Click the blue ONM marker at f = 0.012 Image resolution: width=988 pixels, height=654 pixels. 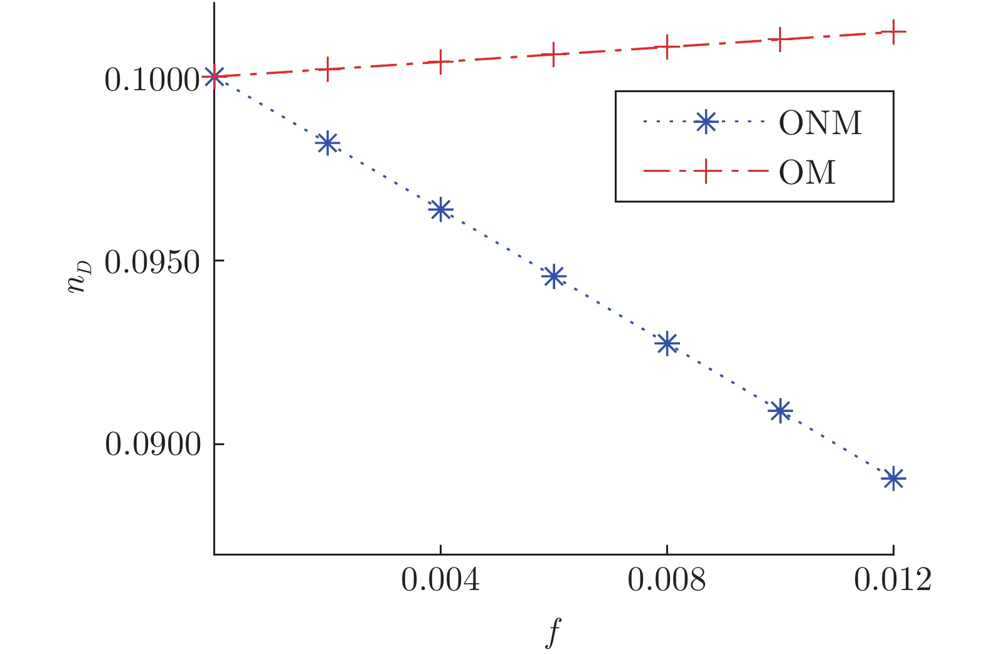click(x=893, y=479)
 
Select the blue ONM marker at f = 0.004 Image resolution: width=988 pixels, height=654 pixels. click(x=440, y=209)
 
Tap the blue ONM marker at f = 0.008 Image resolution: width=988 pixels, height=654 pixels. click(x=667, y=343)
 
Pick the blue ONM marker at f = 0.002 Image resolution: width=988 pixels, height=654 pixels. click(x=327, y=144)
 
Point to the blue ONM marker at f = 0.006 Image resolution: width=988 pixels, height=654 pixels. click(x=553, y=276)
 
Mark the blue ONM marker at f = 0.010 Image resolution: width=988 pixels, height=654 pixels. click(x=780, y=411)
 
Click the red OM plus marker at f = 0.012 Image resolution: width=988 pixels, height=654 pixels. click(x=893, y=31)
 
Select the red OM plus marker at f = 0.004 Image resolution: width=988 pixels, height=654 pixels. click(x=440, y=61)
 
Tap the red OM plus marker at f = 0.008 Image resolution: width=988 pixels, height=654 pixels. click(x=667, y=46)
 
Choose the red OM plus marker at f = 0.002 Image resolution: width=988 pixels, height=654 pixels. click(x=327, y=69)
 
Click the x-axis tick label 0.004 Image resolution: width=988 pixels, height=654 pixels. click(x=440, y=581)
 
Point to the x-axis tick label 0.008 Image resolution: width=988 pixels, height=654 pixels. click(x=667, y=581)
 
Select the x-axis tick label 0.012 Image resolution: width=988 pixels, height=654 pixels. click(x=893, y=581)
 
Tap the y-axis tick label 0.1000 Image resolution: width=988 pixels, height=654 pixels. click(x=152, y=80)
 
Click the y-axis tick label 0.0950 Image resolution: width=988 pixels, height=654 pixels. click(x=152, y=262)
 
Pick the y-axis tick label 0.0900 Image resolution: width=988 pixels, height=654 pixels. click(x=152, y=445)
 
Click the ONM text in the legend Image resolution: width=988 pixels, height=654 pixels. click(x=821, y=123)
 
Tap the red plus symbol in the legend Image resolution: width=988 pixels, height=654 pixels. click(x=706, y=171)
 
